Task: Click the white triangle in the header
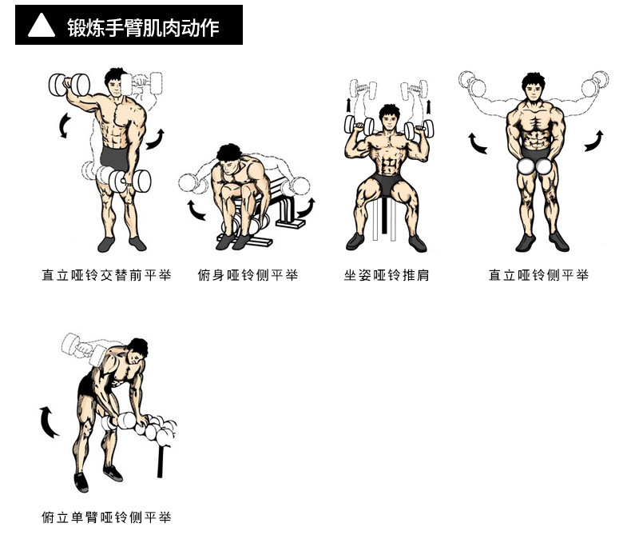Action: coord(42,26)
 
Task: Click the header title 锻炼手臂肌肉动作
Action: coord(143,27)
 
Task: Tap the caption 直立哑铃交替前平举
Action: coord(107,275)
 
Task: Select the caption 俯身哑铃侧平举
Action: coord(248,275)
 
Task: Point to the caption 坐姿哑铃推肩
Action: coord(387,275)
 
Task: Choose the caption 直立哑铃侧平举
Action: coord(539,275)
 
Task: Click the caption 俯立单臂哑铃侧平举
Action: coord(107,517)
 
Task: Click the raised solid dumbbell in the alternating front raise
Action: coord(69,85)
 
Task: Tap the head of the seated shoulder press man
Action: coord(389,117)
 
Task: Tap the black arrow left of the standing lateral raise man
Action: coord(478,143)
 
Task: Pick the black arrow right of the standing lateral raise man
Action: coord(594,141)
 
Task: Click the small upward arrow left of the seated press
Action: coord(348,106)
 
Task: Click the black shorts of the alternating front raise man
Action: coord(115,158)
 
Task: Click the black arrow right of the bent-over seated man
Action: coord(306,208)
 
